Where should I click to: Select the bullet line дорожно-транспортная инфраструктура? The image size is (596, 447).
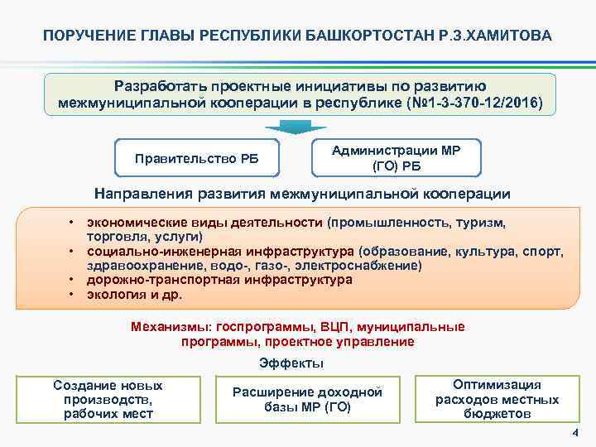click(219, 280)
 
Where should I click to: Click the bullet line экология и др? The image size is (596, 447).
click(134, 294)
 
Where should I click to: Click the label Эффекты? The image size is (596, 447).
click(291, 363)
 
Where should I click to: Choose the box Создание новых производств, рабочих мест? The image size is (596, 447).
click(108, 399)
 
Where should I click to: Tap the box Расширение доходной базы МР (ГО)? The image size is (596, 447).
click(307, 399)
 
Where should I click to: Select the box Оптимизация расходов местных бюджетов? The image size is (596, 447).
click(497, 399)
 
